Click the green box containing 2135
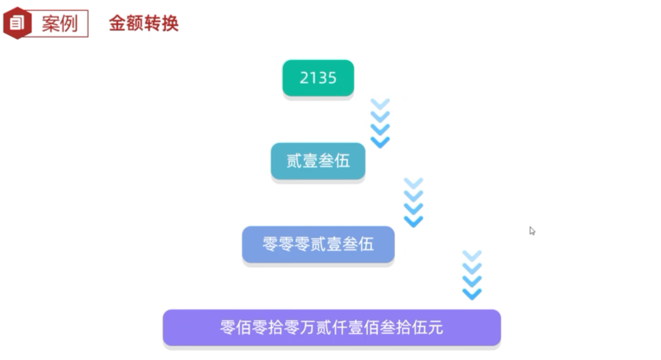(318, 78)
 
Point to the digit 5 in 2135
(332, 78)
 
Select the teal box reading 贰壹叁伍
(318, 161)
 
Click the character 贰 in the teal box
(294, 161)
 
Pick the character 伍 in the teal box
(342, 161)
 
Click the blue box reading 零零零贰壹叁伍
(318, 244)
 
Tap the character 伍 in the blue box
(366, 244)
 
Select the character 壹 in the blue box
(334, 244)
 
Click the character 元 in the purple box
(435, 327)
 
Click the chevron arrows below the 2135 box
(380, 123)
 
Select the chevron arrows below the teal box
(413, 202)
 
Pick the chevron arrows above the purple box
(472, 275)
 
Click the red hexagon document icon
(17, 23)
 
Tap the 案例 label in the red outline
(60, 23)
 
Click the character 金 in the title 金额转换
(117, 23)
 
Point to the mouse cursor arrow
(531, 230)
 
